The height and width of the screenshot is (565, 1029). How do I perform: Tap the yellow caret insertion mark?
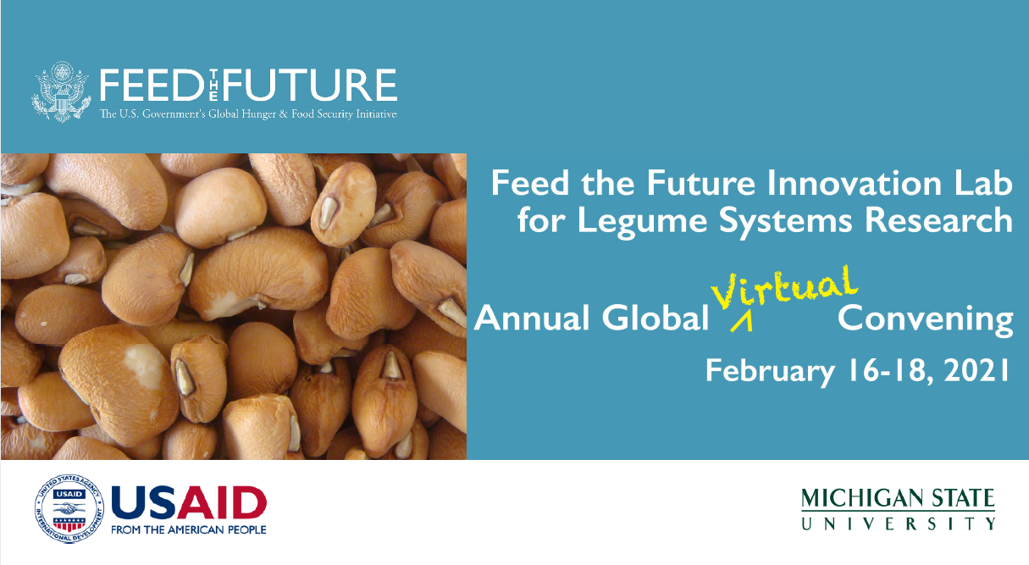click(x=741, y=322)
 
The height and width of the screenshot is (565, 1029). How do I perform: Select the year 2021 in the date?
click(x=976, y=371)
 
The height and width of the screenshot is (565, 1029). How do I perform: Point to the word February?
click(x=770, y=372)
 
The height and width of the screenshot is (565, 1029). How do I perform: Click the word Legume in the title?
click(x=642, y=221)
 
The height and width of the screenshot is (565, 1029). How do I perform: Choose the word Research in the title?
click(x=939, y=220)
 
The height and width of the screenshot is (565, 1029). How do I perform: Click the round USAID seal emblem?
click(x=69, y=508)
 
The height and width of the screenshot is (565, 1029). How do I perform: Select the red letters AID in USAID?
click(x=222, y=503)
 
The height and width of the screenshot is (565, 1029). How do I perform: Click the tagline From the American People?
click(x=189, y=530)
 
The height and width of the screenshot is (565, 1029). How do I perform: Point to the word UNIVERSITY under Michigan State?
click(x=898, y=524)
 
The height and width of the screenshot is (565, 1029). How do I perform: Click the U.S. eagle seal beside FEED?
click(x=61, y=91)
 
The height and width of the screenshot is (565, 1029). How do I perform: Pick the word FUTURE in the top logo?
click(x=310, y=85)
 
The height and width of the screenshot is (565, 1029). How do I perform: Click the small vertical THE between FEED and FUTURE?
click(x=213, y=85)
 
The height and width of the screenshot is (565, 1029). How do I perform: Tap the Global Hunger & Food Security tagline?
click(x=248, y=114)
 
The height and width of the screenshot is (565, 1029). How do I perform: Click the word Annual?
click(x=532, y=319)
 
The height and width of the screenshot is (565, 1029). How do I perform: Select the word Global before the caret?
click(x=656, y=318)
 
